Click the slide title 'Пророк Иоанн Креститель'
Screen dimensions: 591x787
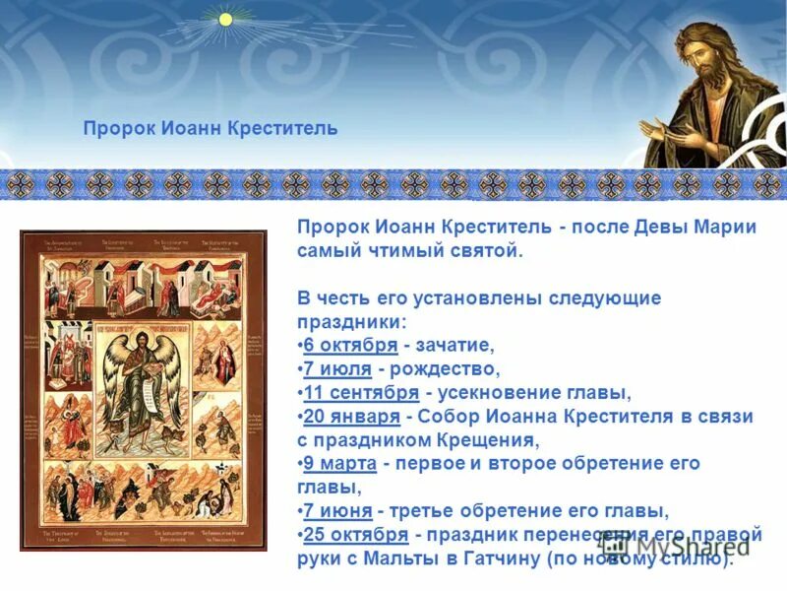(x=210, y=129)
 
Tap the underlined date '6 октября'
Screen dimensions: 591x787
(x=350, y=345)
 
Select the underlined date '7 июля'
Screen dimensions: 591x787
(x=337, y=368)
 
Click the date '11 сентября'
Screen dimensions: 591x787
(x=361, y=392)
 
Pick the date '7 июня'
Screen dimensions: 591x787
(x=337, y=510)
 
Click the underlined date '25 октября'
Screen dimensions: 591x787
(x=355, y=534)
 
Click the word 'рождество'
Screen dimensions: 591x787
(x=450, y=368)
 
